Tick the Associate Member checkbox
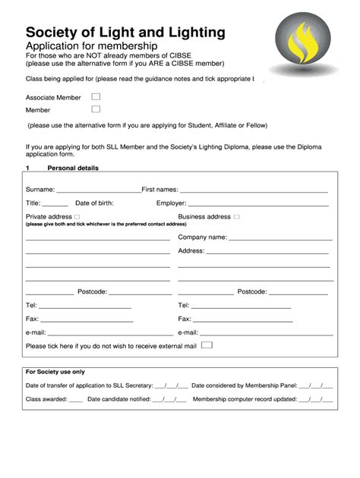pyautogui.click(x=96, y=97)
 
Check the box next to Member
pyautogui.click(x=96, y=109)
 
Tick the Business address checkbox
pyautogui.click(x=237, y=217)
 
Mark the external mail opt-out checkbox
pyautogui.click(x=207, y=344)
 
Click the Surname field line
pyautogui.click(x=98, y=190)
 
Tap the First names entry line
pyautogui.click(x=254, y=190)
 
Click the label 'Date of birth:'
pyautogui.click(x=94, y=203)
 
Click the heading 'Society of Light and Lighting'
pyautogui.click(x=125, y=32)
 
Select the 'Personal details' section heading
pyautogui.click(x=73, y=168)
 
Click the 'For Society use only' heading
pyautogui.click(x=55, y=372)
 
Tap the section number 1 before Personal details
pyautogui.click(x=27, y=168)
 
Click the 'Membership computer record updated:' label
pyautogui.click(x=244, y=398)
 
